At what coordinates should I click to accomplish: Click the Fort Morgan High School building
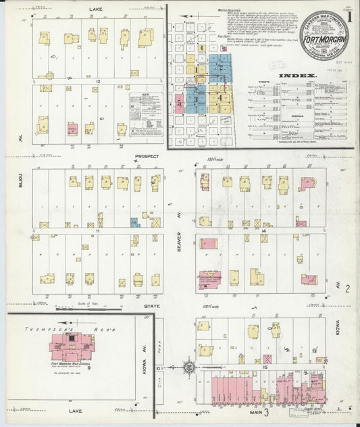point(72,347)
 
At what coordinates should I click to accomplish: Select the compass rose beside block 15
point(189,368)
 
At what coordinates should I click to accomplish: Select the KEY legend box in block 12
point(146,108)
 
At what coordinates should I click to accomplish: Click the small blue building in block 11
point(134,222)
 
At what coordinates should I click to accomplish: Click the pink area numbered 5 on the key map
point(180,103)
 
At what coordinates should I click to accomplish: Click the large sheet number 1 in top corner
point(350,15)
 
